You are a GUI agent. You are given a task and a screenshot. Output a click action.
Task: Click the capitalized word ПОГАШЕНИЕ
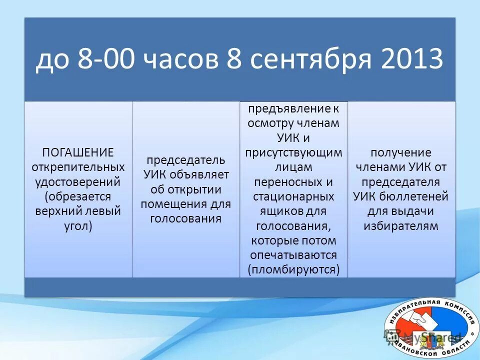tap(77, 152)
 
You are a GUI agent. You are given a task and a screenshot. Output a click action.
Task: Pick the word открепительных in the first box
tap(78, 166)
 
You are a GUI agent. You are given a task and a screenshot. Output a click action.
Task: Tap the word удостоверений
tap(78, 180)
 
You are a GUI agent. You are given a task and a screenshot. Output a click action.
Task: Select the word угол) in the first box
tap(78, 225)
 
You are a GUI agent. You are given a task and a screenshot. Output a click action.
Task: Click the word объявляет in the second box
tap(201, 175)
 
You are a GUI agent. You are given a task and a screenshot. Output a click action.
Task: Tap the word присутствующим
tap(293, 152)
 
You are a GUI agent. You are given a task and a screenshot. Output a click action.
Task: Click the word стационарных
tap(293, 196)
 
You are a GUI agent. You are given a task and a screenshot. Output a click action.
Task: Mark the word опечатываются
tap(293, 255)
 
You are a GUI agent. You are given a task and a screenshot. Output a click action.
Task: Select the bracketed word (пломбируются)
tap(293, 269)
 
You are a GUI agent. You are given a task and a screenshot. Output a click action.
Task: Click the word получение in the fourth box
tap(400, 152)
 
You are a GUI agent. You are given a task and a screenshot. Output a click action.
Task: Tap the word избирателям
tap(400, 225)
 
